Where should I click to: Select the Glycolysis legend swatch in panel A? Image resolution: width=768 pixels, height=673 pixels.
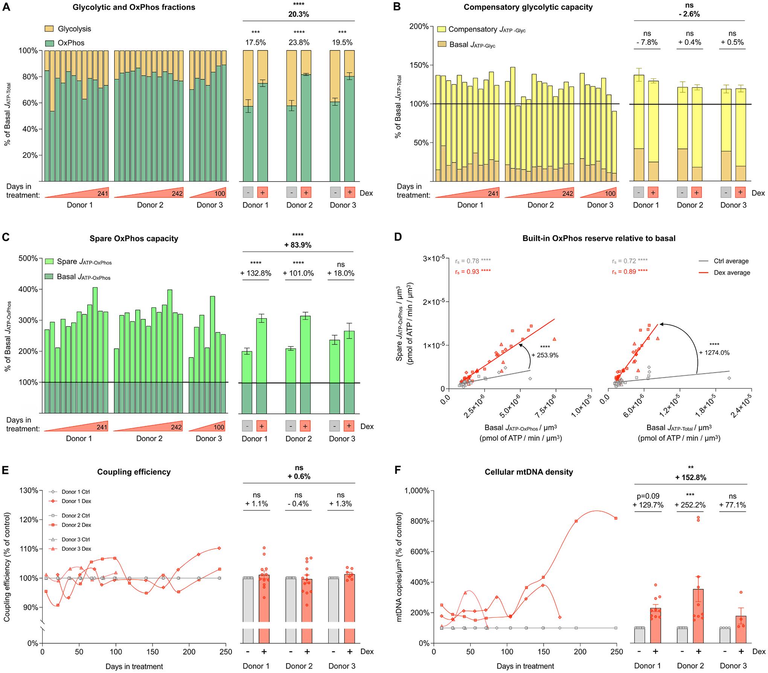click(x=49, y=29)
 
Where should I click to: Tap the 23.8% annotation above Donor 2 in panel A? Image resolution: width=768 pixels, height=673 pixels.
click(x=299, y=43)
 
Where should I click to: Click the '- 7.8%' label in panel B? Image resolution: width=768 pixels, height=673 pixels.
click(x=647, y=43)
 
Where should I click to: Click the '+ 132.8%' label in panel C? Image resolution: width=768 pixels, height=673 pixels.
click(x=256, y=273)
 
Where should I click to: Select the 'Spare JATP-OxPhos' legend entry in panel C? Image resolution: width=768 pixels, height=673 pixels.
click(x=84, y=262)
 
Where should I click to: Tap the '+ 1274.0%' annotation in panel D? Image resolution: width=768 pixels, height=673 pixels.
click(x=714, y=353)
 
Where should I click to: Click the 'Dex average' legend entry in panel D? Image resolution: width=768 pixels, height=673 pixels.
click(x=731, y=273)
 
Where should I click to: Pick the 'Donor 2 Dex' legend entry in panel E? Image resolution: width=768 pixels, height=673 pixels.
click(x=76, y=525)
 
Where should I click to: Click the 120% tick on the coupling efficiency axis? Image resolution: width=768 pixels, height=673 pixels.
click(x=29, y=520)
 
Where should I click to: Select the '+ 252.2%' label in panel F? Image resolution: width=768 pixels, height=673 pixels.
click(x=690, y=505)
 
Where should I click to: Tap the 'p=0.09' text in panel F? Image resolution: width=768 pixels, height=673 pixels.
click(x=647, y=496)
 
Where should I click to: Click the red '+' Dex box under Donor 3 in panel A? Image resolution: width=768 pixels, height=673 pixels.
click(x=349, y=193)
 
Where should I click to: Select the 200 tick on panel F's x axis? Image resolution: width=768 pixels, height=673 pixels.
click(x=580, y=652)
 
